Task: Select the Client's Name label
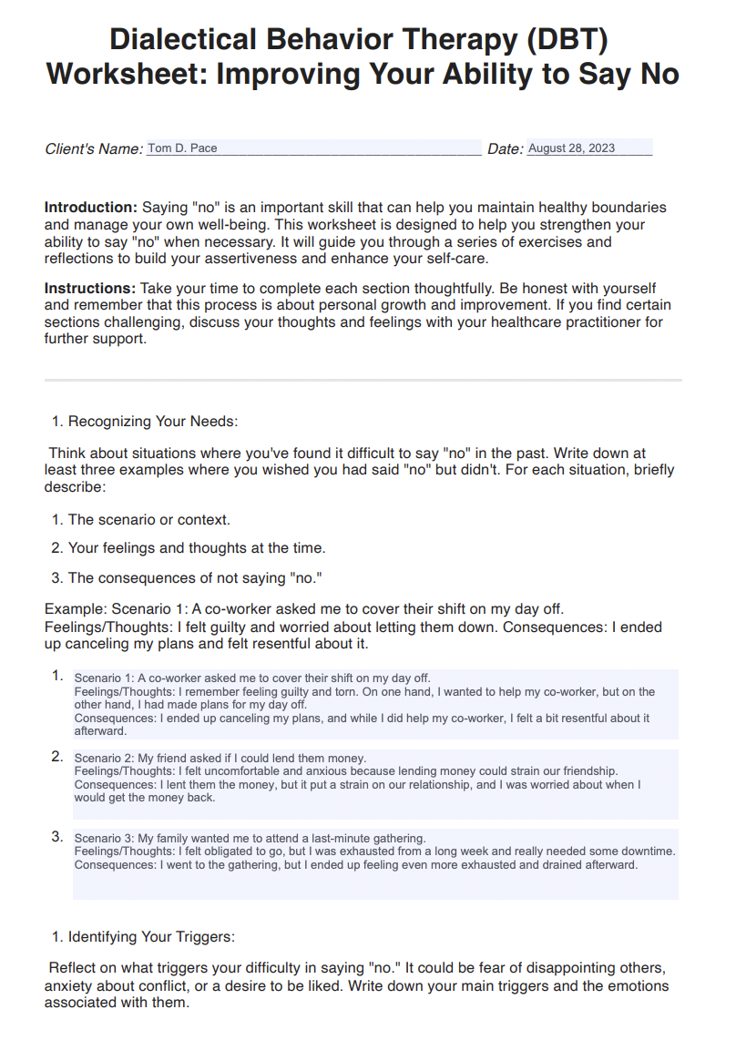pyautogui.click(x=94, y=149)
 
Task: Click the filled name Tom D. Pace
pyautogui.click(x=182, y=148)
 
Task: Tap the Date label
pyautogui.click(x=505, y=149)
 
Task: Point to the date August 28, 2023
pyautogui.click(x=571, y=148)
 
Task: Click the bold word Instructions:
pyautogui.click(x=90, y=289)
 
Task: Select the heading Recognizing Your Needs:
pyautogui.click(x=153, y=422)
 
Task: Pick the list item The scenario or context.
pyautogui.click(x=148, y=520)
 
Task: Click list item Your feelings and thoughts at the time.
pyautogui.click(x=196, y=548)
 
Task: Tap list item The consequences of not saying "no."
pyautogui.click(x=195, y=577)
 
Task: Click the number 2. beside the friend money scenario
pyautogui.click(x=56, y=756)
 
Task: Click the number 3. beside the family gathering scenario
pyautogui.click(x=56, y=836)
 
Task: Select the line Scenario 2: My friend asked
pyautogui.click(x=220, y=758)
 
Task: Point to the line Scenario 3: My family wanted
pyautogui.click(x=250, y=838)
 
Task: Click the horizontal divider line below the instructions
pyautogui.click(x=363, y=380)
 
